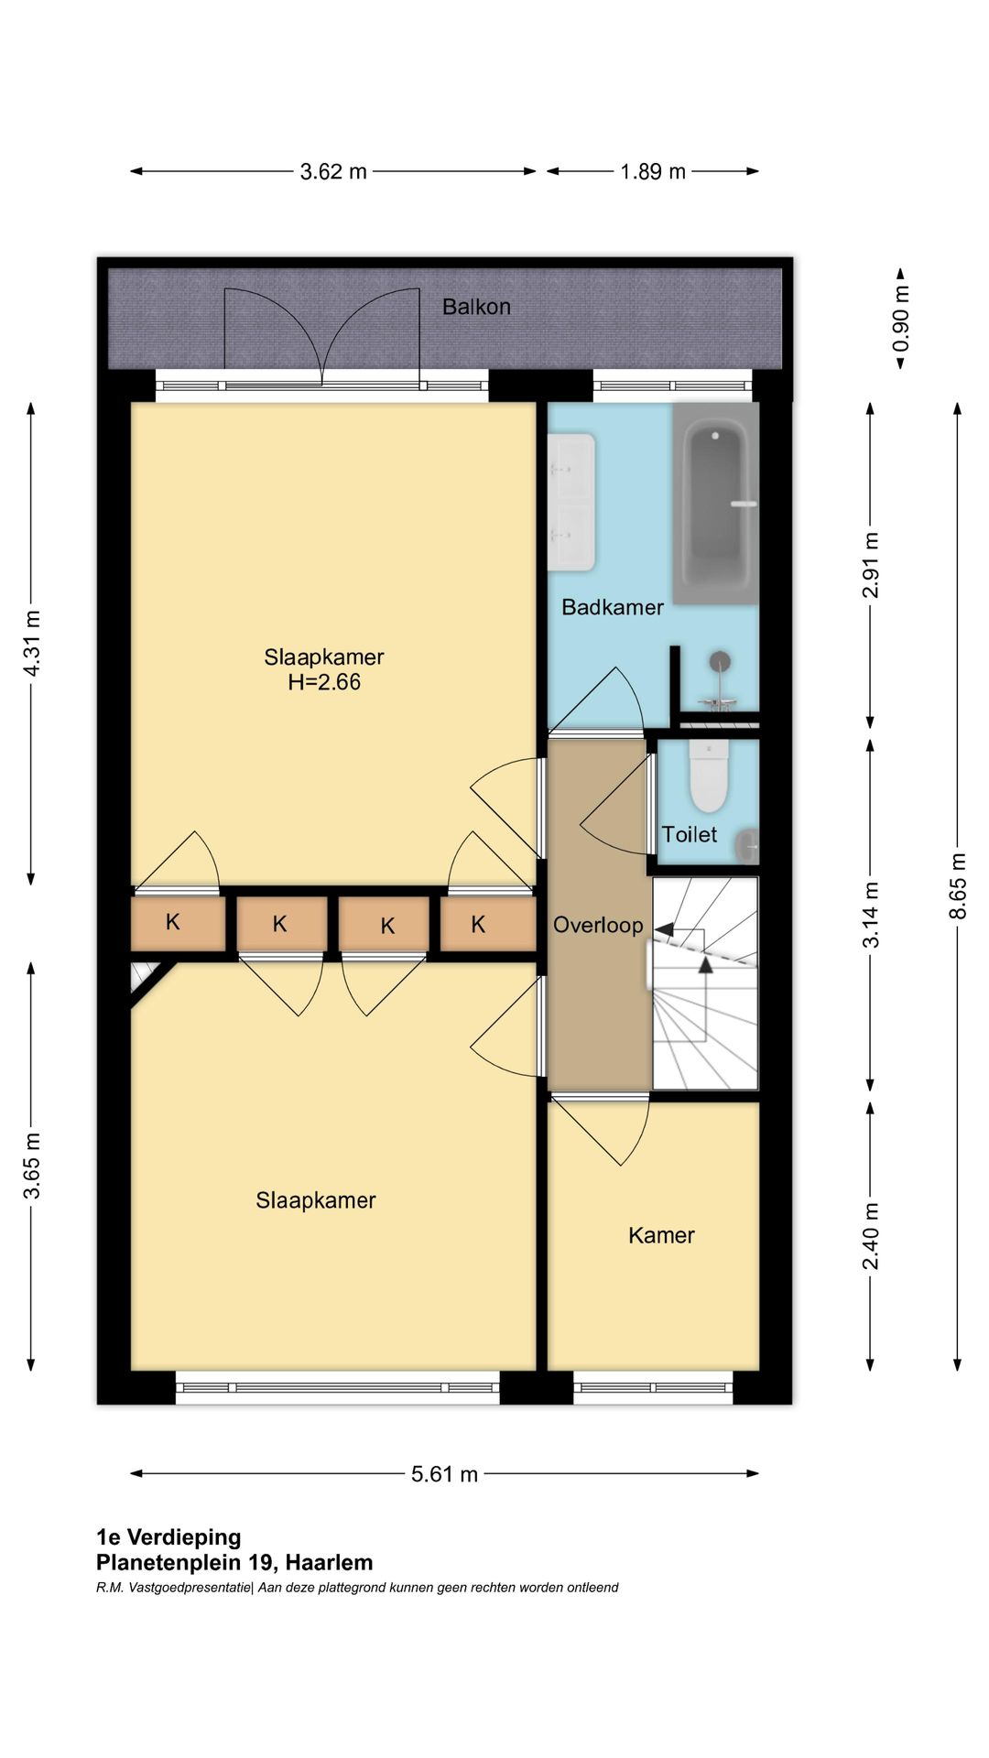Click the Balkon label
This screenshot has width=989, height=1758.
(476, 307)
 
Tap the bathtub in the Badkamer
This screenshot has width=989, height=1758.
(716, 503)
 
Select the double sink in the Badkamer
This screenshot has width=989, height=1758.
(571, 502)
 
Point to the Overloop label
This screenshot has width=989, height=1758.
(598, 925)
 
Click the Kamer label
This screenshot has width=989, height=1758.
(661, 1235)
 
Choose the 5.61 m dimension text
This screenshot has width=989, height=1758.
(444, 1474)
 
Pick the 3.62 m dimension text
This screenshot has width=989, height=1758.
(333, 171)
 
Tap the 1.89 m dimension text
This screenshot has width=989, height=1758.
(653, 171)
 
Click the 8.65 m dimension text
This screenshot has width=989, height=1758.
(958, 886)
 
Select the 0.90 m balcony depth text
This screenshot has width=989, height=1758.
(901, 319)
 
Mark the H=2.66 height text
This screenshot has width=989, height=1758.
(324, 682)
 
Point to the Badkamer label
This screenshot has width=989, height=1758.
(613, 607)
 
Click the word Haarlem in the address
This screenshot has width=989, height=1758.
(330, 1563)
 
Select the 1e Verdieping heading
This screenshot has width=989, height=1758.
(168, 1537)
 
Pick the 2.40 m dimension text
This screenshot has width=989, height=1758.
(871, 1236)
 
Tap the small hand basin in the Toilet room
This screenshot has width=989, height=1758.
(748, 845)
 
